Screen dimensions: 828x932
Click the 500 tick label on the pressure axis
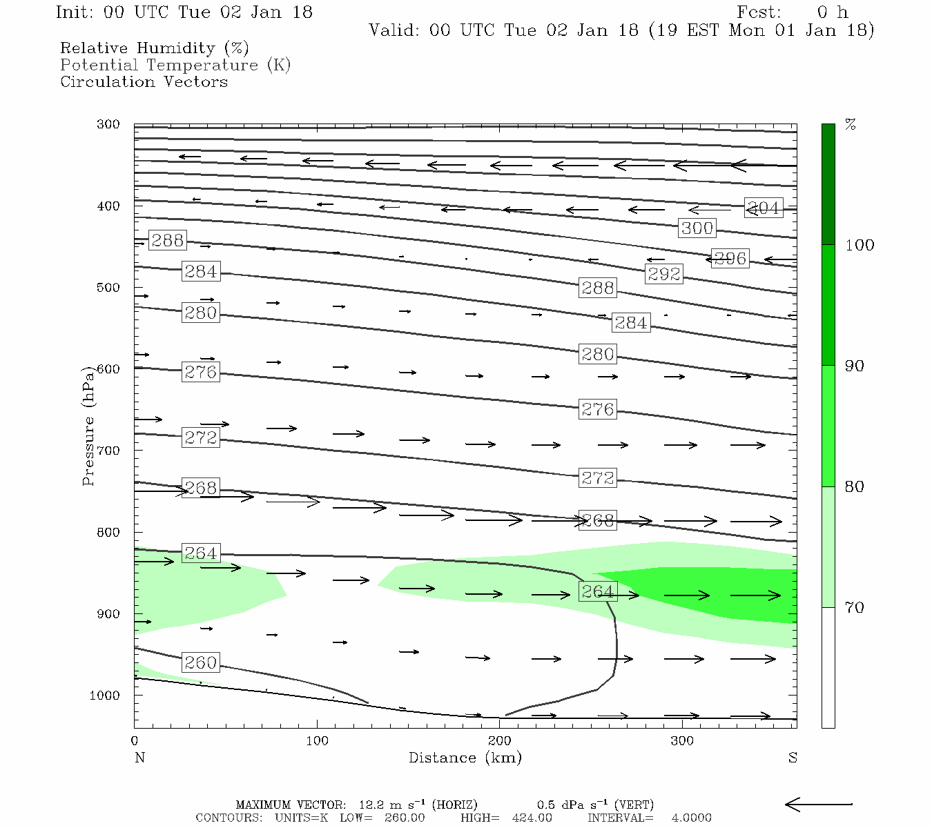[x=108, y=288]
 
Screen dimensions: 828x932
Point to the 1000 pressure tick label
[x=105, y=696]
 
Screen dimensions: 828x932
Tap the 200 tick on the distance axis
[x=500, y=741]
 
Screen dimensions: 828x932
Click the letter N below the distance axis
[x=139, y=758]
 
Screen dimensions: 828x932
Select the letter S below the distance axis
[x=793, y=758]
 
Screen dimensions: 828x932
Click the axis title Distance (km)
[x=465, y=758]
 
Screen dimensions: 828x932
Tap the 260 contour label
[x=201, y=663]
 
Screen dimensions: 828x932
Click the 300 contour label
[x=697, y=228]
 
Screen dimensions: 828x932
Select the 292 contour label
[x=663, y=274]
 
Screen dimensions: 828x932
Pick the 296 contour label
[x=730, y=259]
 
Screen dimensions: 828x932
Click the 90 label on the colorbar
[x=855, y=366]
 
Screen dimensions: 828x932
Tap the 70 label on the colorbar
[x=855, y=608]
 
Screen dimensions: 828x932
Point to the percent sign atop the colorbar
[x=851, y=125]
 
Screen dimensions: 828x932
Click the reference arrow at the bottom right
[x=819, y=804]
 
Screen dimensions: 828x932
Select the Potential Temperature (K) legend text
[x=175, y=65]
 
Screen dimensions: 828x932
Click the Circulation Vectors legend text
[x=144, y=81]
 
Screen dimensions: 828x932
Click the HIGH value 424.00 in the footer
[x=532, y=818]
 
